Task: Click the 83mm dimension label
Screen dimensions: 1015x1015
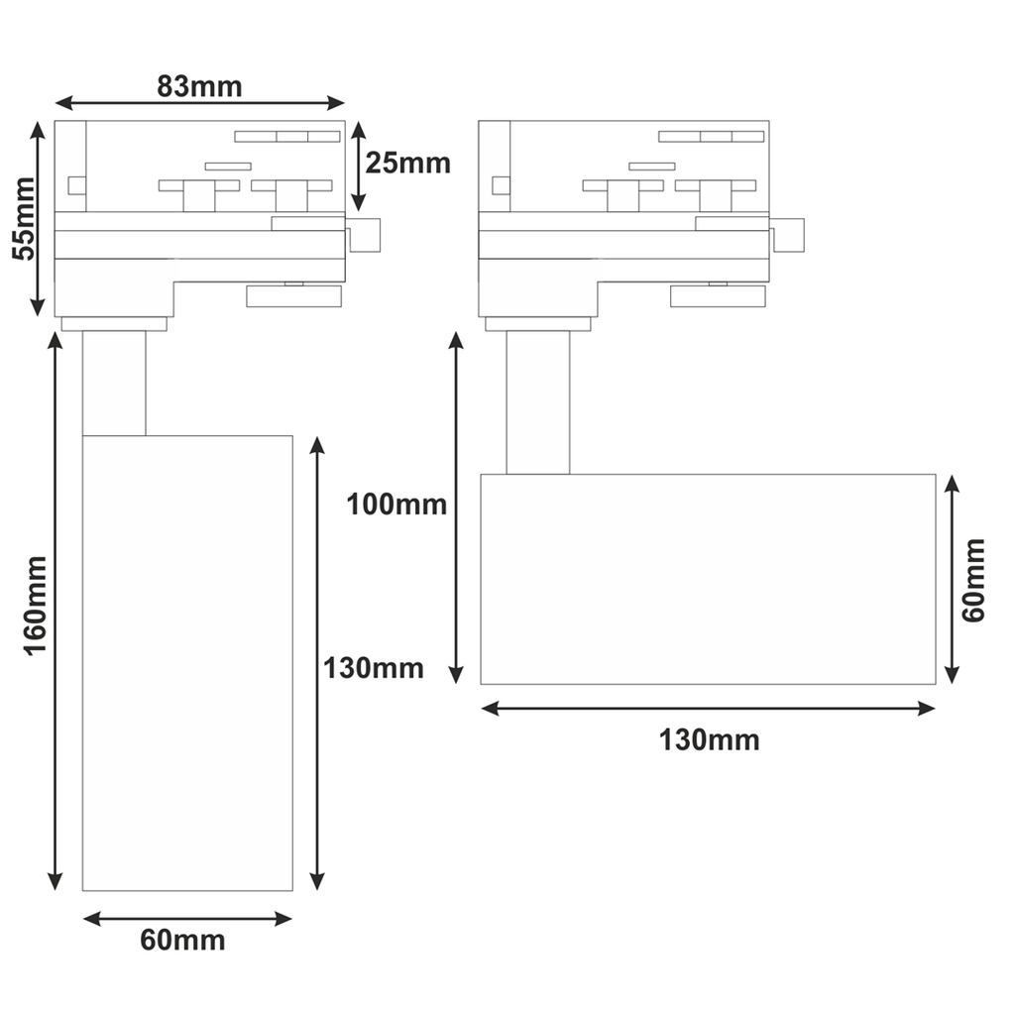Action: (199, 86)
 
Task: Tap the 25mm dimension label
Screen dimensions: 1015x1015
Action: (407, 163)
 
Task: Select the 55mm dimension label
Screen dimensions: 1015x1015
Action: (24, 218)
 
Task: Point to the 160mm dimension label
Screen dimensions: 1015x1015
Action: (36, 606)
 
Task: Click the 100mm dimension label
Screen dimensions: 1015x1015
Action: (396, 505)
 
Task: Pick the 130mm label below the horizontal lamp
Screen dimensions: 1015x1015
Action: (709, 739)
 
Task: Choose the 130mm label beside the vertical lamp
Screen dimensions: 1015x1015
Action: (374, 668)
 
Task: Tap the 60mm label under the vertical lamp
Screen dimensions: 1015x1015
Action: (182, 940)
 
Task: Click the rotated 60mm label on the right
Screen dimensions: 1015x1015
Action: (973, 580)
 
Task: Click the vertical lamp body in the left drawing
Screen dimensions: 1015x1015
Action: (187, 663)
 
